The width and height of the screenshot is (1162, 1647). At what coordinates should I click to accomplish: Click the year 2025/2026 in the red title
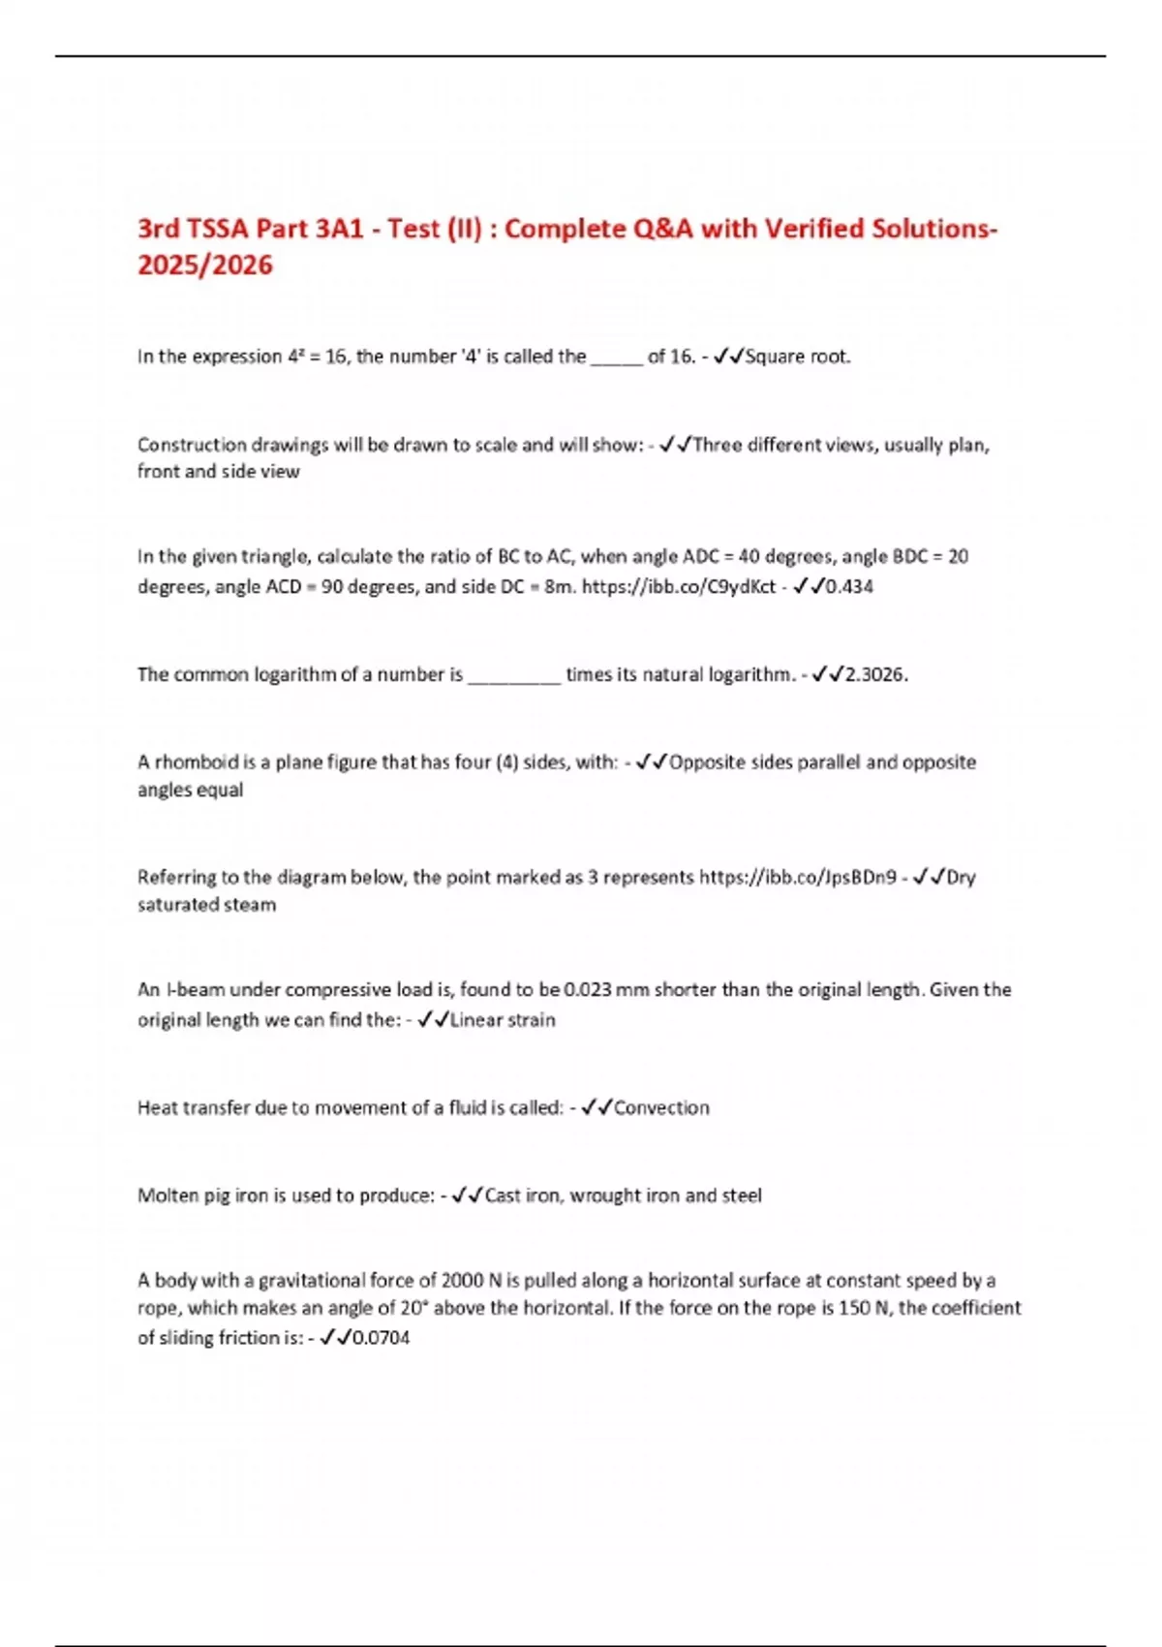pos(205,264)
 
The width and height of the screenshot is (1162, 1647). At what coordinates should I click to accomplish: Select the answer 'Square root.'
pos(798,357)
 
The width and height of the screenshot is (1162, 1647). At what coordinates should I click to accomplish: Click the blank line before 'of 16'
pos(617,358)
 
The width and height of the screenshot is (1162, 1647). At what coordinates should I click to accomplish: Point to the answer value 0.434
pos(849,586)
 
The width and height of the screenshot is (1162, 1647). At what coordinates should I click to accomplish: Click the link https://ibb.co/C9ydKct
pos(678,586)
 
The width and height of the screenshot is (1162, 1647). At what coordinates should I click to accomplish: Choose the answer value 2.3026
pos(876,674)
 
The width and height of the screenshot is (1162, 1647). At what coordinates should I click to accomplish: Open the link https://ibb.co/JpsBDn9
pos(798,878)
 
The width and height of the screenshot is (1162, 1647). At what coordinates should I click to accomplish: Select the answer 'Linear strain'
pos(503,1020)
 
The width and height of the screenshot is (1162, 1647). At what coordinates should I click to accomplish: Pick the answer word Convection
pos(661,1107)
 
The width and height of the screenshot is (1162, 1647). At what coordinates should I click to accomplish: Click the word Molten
pos(168,1196)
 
